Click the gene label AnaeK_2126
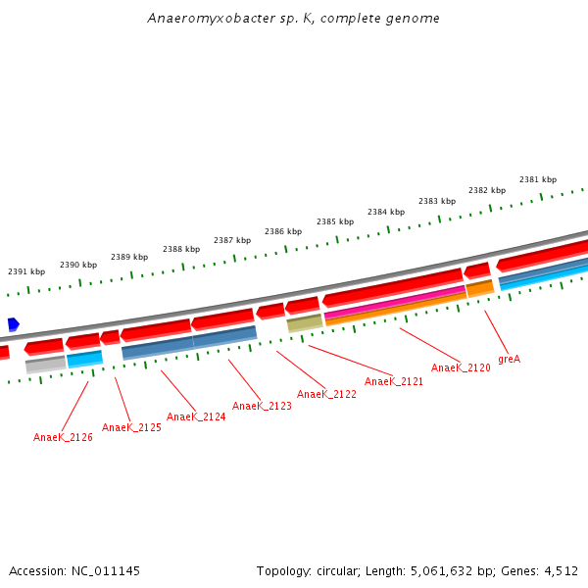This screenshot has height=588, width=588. (x=63, y=437)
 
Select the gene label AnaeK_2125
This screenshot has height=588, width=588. (x=131, y=427)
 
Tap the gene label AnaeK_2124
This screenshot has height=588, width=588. (x=196, y=416)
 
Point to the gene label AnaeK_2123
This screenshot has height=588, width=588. (x=262, y=406)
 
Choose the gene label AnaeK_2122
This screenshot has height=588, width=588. (x=326, y=394)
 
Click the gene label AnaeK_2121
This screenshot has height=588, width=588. (x=394, y=381)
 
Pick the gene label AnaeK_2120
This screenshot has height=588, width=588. (x=461, y=367)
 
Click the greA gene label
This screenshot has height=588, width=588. (x=509, y=359)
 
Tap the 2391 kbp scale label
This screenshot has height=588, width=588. (x=26, y=271)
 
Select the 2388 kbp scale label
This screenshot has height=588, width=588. (x=181, y=249)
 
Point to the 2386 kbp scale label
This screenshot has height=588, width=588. (x=282, y=231)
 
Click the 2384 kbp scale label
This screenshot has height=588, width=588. (x=386, y=212)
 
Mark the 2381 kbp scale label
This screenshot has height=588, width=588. (x=538, y=179)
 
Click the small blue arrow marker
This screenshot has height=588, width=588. (x=13, y=324)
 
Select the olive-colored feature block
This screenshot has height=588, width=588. (x=304, y=322)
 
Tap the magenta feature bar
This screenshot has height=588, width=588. (x=395, y=301)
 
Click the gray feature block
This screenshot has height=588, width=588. (x=45, y=365)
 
